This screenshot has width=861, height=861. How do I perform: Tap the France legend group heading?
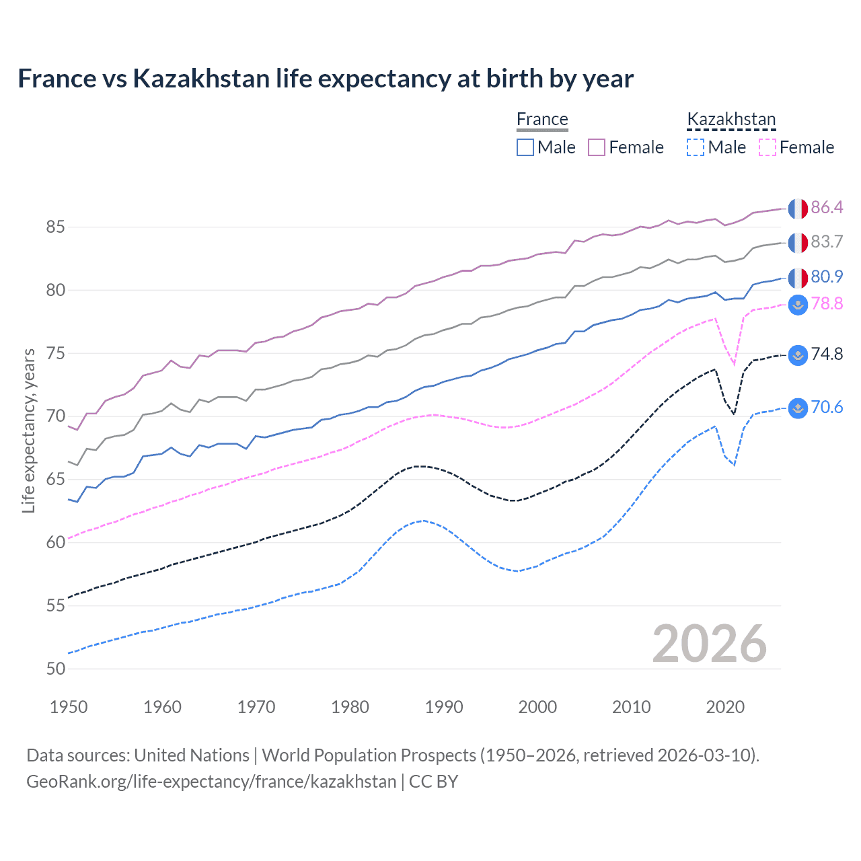pyautogui.click(x=542, y=120)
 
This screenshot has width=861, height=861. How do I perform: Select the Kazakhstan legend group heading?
pyautogui.click(x=731, y=120)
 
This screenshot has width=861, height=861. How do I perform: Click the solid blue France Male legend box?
pyautogui.click(x=525, y=147)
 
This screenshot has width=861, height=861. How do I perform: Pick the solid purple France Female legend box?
pyautogui.click(x=597, y=147)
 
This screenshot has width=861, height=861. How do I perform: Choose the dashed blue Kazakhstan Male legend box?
pyautogui.click(x=696, y=147)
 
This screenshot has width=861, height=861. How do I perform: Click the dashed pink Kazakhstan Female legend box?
pyautogui.click(x=768, y=147)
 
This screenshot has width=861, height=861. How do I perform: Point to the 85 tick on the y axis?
pyautogui.click(x=55, y=227)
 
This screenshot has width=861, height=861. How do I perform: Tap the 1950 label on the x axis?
pyautogui.click(x=69, y=707)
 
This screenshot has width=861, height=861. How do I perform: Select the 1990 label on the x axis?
pyautogui.click(x=444, y=707)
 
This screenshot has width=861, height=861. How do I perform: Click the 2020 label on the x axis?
pyautogui.click(x=725, y=707)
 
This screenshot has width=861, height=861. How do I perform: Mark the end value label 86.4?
pyautogui.click(x=827, y=208)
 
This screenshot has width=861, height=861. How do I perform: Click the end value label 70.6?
pyautogui.click(x=827, y=408)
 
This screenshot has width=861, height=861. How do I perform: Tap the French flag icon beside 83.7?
pyautogui.click(x=798, y=242)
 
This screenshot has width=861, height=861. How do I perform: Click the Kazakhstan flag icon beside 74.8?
pyautogui.click(x=798, y=354)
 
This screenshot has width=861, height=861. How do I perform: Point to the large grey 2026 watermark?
pyautogui.click(x=709, y=644)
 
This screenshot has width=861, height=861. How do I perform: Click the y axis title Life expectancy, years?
pyautogui.click(x=29, y=430)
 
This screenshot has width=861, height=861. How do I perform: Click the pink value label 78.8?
pyautogui.click(x=827, y=304)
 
